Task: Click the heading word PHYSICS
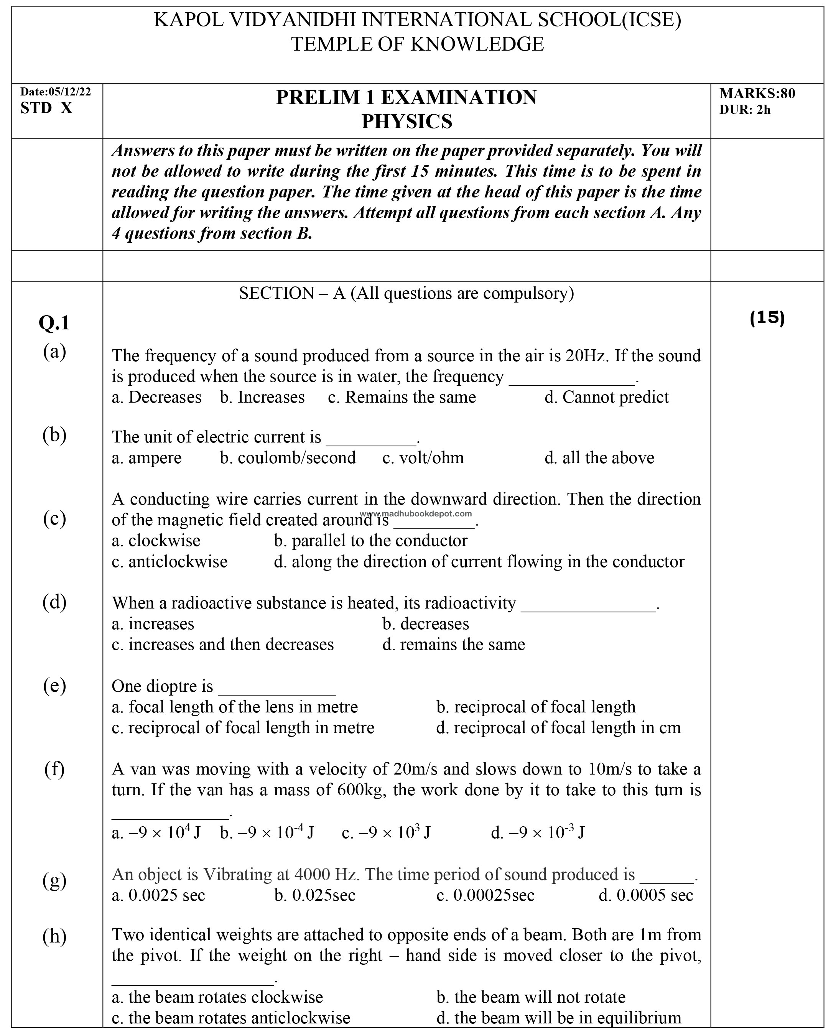[x=406, y=122]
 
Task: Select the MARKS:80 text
[x=757, y=93]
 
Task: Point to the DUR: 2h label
[x=745, y=110]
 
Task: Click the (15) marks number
[x=767, y=317]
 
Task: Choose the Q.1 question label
[x=54, y=323]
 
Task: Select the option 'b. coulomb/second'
[x=288, y=457]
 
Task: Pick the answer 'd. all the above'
[x=599, y=457]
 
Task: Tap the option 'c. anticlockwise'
[x=169, y=561]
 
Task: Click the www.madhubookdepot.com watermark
[x=416, y=513]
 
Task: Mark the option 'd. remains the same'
[x=453, y=644]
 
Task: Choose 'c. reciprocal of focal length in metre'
[x=243, y=727]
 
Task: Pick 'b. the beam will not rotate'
[x=531, y=997]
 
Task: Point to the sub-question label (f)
[x=54, y=769]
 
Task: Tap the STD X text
[x=46, y=108]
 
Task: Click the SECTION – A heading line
[x=406, y=293]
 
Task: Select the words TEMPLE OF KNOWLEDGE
[x=417, y=44]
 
